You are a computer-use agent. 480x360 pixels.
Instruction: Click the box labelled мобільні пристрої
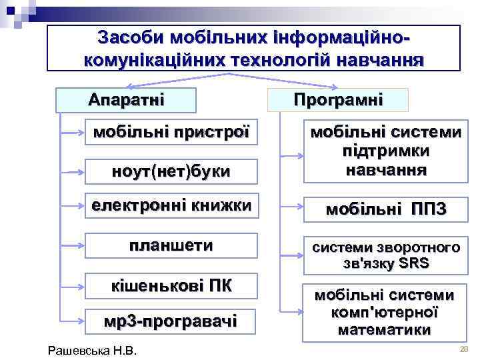tap(171, 131)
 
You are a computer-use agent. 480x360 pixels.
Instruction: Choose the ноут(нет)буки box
tap(171, 171)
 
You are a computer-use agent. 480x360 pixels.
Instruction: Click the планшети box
tap(171, 245)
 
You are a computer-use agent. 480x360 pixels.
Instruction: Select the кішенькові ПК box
tap(171, 286)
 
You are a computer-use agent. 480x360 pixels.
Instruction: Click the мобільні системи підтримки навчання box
tap(385, 152)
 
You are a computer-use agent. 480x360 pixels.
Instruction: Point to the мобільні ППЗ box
tap(385, 211)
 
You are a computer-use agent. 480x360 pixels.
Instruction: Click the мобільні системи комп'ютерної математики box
tap(385, 312)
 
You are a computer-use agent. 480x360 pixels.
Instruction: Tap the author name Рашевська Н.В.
tap(93, 350)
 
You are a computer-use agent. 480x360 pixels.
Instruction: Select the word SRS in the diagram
tap(415, 263)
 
